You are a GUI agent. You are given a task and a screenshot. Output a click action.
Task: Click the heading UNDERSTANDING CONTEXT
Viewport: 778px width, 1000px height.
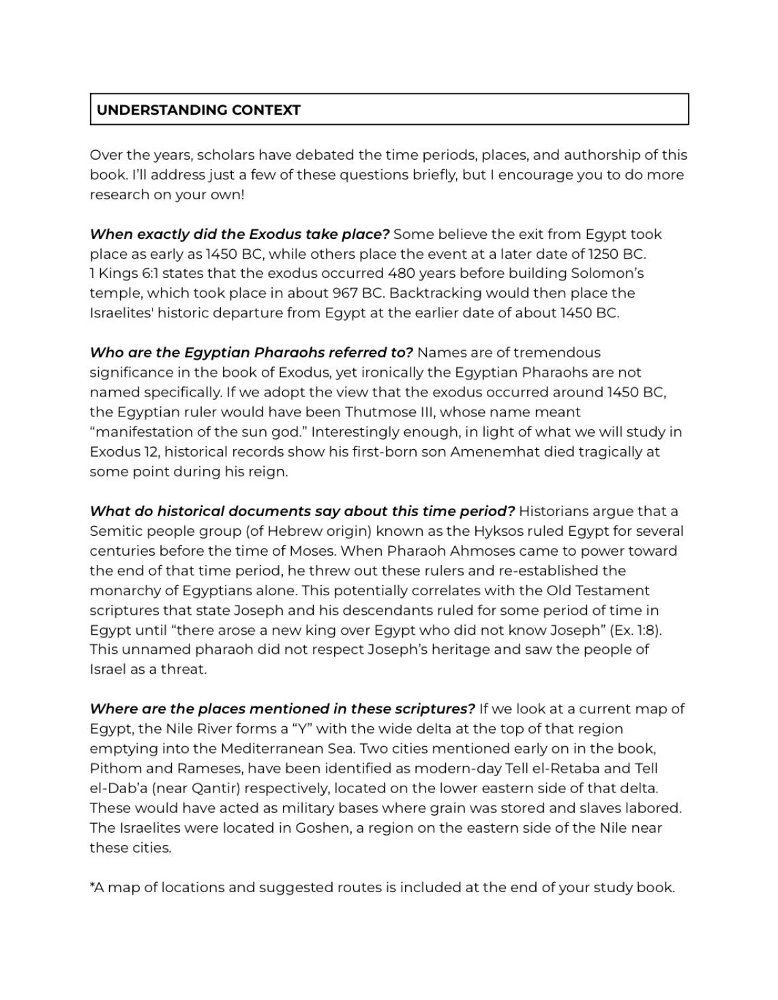click(x=198, y=110)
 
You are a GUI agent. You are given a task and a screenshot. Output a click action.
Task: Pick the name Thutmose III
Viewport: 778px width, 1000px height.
click(x=394, y=412)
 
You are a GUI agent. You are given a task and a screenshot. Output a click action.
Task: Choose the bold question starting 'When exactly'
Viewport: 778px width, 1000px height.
click(x=239, y=234)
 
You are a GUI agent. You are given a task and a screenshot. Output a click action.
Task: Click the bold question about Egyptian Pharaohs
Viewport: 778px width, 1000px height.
click(x=251, y=353)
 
